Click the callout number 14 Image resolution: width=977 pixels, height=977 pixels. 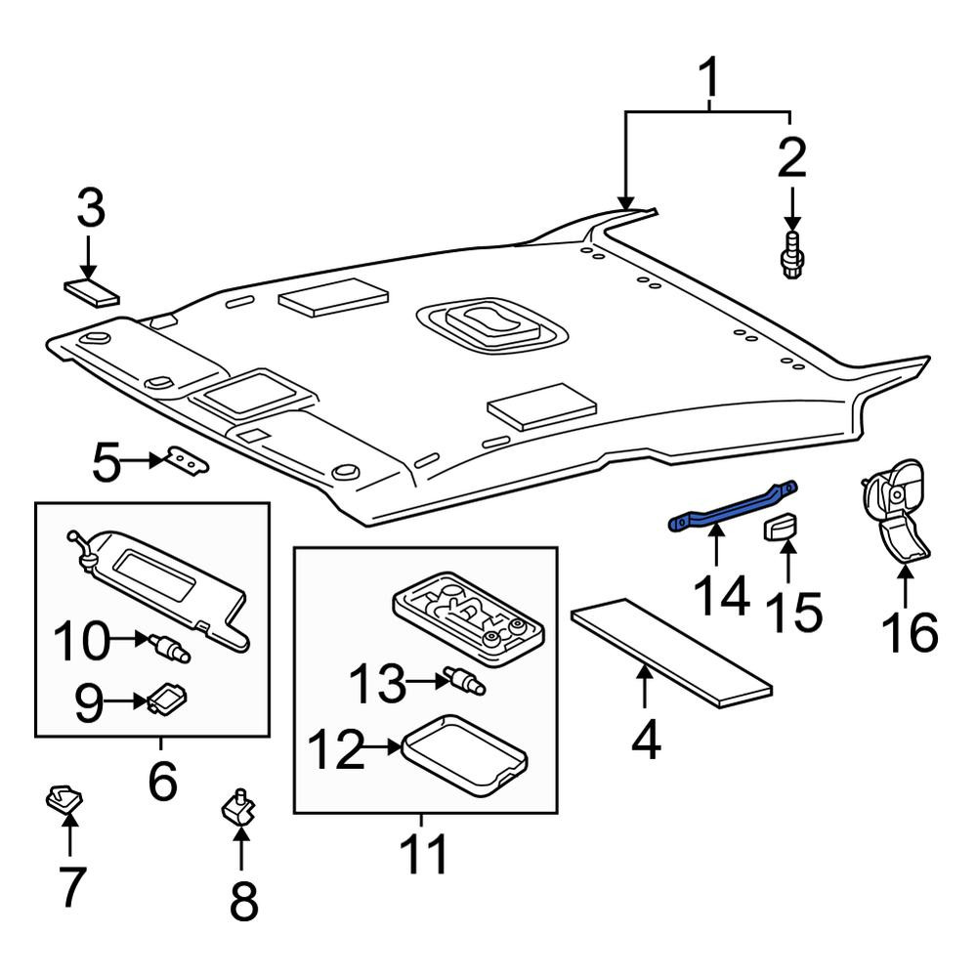tap(721, 596)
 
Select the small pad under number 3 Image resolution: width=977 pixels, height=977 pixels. tap(92, 293)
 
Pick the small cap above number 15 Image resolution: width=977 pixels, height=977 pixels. tap(782, 528)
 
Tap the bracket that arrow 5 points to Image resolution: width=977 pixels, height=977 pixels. tap(187, 460)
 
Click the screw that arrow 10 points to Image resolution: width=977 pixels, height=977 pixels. tap(168, 647)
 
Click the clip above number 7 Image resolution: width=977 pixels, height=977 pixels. tap(64, 798)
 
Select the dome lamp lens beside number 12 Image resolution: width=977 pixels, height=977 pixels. tap(465, 754)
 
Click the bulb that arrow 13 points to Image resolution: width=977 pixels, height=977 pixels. tap(464, 680)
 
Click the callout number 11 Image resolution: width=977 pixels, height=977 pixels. tap(424, 853)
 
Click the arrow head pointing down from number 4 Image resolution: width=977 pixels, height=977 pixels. tap(645, 672)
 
